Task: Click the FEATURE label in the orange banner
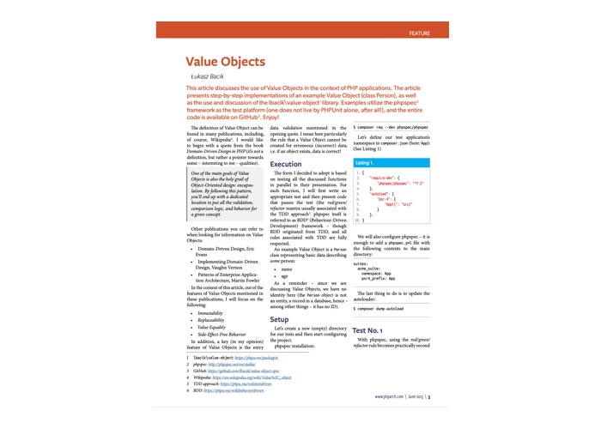420,33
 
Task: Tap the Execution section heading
286,164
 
